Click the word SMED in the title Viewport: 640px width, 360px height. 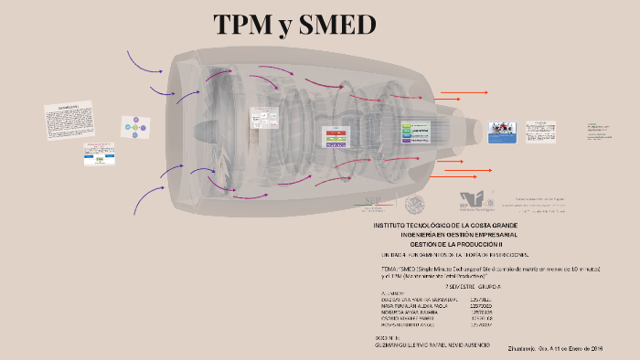(337, 25)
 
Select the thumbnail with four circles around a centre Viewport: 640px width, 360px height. (134, 127)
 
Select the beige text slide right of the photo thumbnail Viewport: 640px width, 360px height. (540, 131)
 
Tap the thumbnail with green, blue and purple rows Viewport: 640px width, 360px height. (416, 132)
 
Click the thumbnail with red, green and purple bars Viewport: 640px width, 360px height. (336, 136)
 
